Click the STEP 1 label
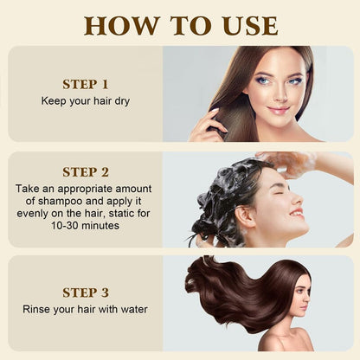86,84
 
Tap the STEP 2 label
86,171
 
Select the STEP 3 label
86,292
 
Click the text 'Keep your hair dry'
86,100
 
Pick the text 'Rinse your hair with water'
86,310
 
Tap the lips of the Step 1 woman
279,110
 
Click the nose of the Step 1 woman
279,95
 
